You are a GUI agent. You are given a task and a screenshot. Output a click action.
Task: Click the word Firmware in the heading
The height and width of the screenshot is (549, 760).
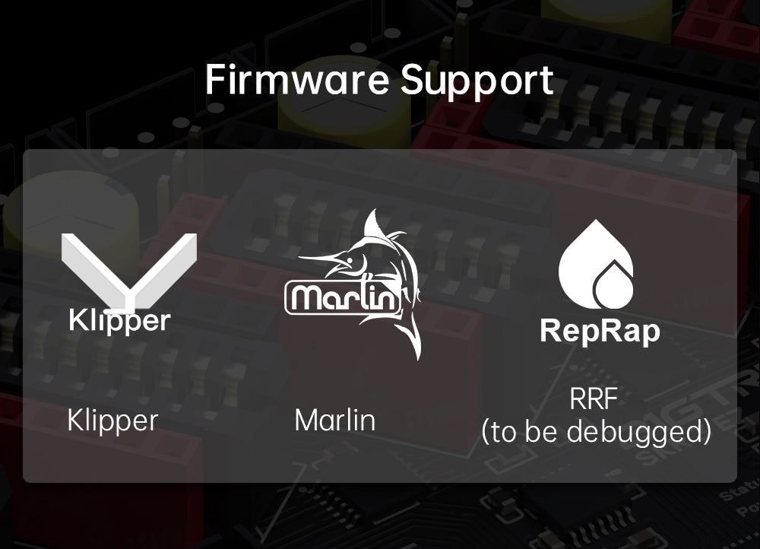click(x=296, y=80)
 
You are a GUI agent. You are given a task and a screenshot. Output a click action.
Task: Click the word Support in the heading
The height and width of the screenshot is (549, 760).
click(x=477, y=81)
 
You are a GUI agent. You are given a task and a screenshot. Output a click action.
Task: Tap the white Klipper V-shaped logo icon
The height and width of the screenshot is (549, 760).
click(x=128, y=271)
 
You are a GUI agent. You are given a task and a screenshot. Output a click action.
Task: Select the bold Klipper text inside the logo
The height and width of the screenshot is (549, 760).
click(x=120, y=321)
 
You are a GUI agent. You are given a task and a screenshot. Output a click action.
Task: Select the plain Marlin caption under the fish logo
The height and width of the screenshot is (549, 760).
click(x=335, y=420)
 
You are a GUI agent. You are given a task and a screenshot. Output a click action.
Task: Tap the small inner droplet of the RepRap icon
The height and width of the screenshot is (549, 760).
click(x=613, y=287)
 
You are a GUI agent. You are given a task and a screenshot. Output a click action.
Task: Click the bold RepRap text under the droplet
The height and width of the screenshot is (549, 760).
click(x=600, y=332)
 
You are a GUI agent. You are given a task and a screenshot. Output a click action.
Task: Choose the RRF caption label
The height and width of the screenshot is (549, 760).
click(x=594, y=399)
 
